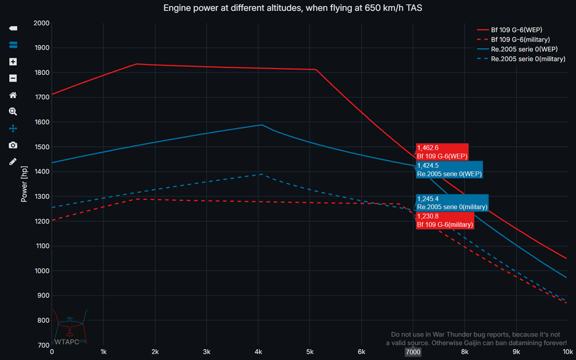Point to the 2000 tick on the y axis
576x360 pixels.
41,23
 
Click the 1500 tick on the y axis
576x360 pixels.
41,147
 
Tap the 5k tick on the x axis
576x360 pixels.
310,351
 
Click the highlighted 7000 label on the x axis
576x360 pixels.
413,351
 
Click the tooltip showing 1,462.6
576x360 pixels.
442,151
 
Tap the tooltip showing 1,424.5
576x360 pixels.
449,169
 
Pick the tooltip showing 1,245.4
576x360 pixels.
452,203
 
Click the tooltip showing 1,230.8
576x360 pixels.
445,220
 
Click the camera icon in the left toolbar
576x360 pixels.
13,145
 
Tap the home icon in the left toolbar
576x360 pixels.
13,95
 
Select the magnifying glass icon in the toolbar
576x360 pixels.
13,112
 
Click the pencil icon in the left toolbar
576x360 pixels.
13,162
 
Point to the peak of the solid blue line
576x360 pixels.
262,124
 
